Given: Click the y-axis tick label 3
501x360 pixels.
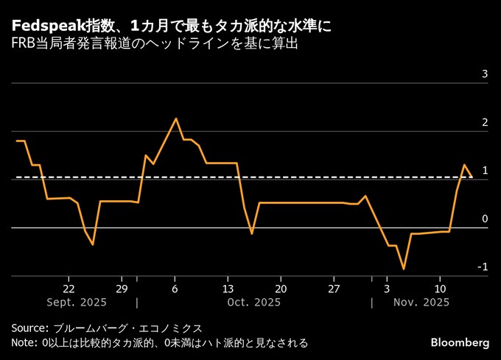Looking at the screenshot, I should point(485,74).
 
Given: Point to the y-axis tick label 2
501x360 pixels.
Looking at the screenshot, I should point(485,122).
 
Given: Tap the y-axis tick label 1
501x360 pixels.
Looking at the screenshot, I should point(485,171).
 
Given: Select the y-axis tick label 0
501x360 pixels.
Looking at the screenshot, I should point(485,219).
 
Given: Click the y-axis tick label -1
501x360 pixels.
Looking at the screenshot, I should point(483,267).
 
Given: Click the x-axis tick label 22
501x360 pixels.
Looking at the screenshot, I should point(69,288).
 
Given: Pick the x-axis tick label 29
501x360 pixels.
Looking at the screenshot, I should point(122,288).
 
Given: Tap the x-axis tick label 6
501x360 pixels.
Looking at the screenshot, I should point(175,288).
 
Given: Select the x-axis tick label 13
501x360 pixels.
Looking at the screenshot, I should point(228,288).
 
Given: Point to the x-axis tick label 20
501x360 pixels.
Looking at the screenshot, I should point(281,288).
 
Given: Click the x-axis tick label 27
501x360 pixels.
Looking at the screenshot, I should point(334,288).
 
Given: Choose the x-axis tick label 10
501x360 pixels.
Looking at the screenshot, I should point(440,288).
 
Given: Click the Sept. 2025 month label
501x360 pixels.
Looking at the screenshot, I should point(77,303).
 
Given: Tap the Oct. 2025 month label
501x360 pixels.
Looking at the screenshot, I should point(254,303).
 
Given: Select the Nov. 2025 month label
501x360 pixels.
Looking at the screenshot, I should point(422,303).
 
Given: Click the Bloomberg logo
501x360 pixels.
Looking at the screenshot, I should point(460,343).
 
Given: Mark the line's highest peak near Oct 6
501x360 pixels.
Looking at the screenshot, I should point(175,119).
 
